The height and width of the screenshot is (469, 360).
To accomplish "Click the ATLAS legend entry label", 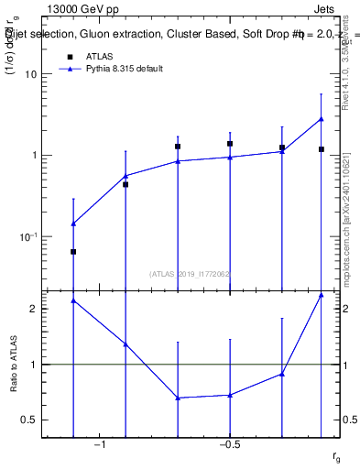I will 99,56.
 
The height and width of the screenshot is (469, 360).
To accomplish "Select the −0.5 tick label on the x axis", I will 229,445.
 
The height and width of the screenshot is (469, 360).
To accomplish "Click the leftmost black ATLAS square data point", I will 73,251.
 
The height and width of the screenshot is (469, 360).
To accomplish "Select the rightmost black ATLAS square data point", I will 322,148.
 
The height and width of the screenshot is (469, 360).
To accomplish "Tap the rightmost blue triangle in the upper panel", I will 322,118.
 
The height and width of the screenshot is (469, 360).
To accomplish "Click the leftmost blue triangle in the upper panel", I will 73,223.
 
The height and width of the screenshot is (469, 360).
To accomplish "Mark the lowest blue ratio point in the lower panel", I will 178,398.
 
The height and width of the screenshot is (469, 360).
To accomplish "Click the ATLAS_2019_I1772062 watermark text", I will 190,274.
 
